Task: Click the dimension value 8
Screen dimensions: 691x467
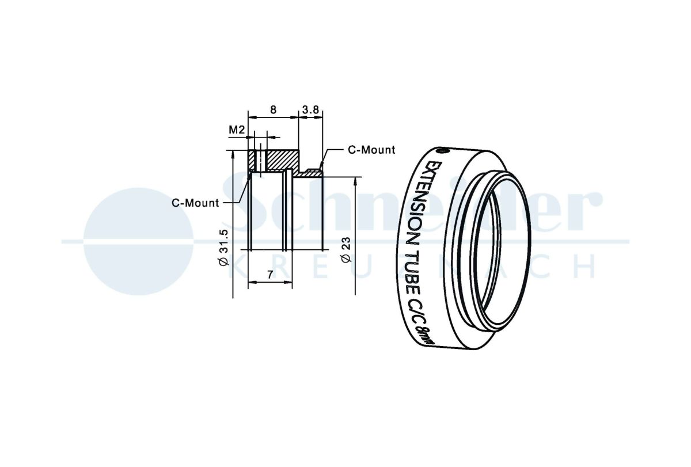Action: [x=273, y=109]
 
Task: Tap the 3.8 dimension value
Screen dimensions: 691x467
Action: [x=310, y=109]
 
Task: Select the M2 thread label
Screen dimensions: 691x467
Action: [x=237, y=130]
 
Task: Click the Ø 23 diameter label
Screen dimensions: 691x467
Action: [x=346, y=250]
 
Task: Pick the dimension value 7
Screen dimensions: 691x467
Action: [x=270, y=274]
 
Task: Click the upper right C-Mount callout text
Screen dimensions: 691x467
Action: [x=371, y=150]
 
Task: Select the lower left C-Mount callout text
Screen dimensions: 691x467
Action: [x=195, y=203]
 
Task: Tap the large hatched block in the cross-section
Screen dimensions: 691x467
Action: [x=283, y=159]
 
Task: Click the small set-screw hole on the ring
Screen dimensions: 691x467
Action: [x=442, y=151]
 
